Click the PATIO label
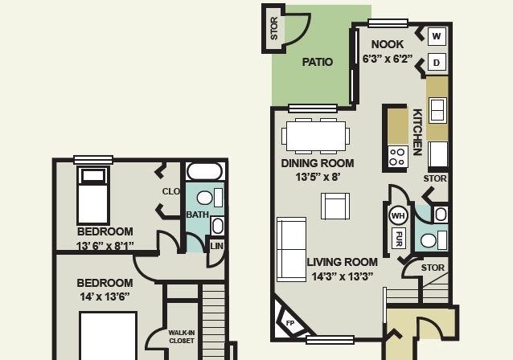[x=317, y=62]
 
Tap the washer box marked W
[x=437, y=36]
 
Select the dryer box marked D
[x=437, y=62]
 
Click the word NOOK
[x=388, y=44]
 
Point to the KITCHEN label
[x=417, y=132]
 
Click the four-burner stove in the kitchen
[x=398, y=157]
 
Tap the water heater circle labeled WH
[x=398, y=215]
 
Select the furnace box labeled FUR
[x=399, y=238]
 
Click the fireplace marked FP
[x=289, y=322]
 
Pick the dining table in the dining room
[x=316, y=137]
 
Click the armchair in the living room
[x=335, y=206]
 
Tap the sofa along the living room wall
[x=292, y=249]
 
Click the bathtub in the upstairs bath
[x=204, y=171]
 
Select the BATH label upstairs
[x=197, y=215]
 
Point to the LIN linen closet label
[x=216, y=246]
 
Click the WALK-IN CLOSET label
[x=182, y=337]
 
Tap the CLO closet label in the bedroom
[x=171, y=191]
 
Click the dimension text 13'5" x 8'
[x=318, y=177]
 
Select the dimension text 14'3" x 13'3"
[x=343, y=276]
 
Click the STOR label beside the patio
[x=274, y=28]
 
